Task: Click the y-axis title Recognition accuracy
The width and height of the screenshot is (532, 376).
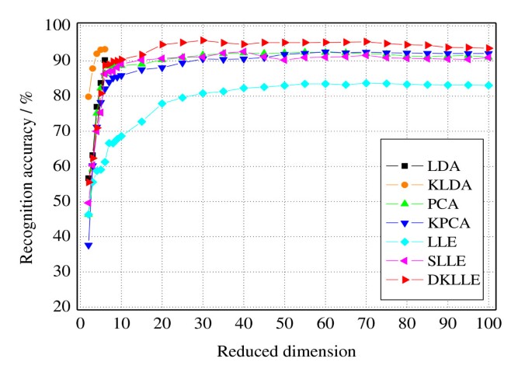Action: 28,165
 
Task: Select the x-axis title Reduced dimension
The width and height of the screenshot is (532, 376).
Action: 287,351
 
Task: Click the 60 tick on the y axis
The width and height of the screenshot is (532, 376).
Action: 63,166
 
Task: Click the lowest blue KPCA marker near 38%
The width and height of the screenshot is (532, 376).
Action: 89,245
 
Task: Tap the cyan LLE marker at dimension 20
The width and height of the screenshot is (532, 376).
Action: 162,103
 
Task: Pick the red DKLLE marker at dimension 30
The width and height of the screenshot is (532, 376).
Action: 203,40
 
